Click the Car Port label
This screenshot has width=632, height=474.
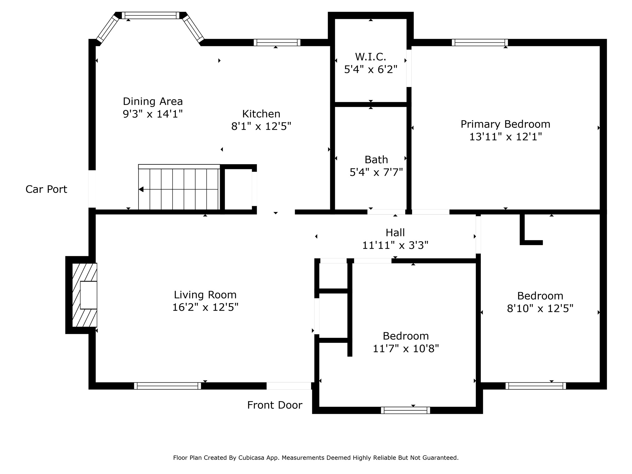(x=46, y=189)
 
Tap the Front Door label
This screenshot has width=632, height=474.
(x=275, y=405)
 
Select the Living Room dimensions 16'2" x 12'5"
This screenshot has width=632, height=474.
(x=205, y=307)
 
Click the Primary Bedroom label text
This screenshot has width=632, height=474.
(x=505, y=124)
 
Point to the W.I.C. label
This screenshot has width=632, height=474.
(x=371, y=57)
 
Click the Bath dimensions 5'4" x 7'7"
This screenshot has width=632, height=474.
(x=376, y=172)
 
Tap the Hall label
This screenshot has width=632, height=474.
(x=395, y=232)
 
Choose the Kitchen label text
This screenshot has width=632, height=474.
(x=261, y=114)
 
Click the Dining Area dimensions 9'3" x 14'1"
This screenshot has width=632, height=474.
(x=153, y=114)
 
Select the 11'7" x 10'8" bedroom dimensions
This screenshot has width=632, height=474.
(x=406, y=348)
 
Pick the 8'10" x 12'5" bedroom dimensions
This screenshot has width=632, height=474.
(x=540, y=308)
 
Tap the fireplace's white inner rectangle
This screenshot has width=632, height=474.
(x=89, y=295)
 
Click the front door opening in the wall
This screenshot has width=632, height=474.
(x=289, y=386)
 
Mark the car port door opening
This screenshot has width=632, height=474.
(x=92, y=189)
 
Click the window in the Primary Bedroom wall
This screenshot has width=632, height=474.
(x=480, y=43)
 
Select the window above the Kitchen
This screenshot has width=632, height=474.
(x=277, y=43)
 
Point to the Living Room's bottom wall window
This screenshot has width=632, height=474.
(x=168, y=386)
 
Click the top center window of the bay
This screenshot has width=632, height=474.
(x=151, y=15)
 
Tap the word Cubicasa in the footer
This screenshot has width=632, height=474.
(x=251, y=458)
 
